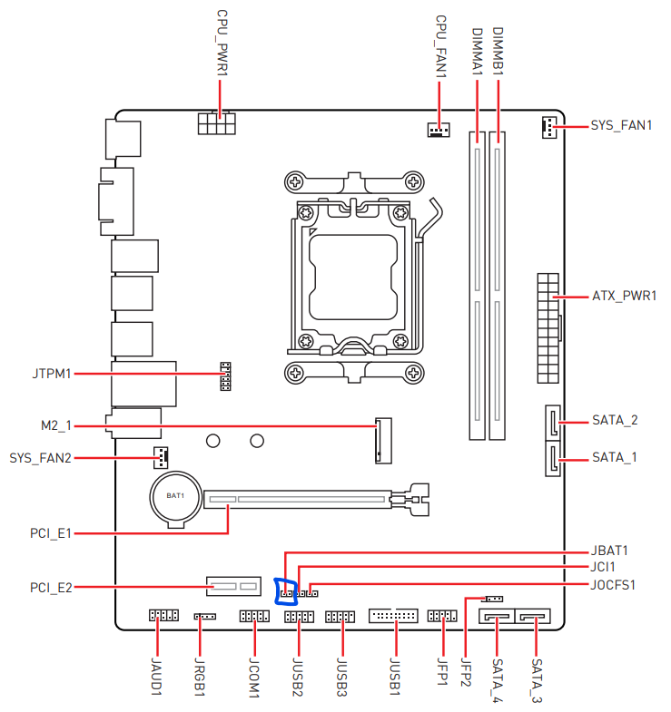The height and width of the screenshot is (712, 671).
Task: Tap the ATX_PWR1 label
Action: coord(624,296)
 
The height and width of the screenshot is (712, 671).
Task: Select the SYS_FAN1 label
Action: coord(621,125)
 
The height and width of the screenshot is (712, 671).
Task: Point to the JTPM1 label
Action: coord(52,373)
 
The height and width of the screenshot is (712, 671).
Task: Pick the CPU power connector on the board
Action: coord(215,122)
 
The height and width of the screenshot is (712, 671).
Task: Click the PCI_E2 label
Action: coord(50,588)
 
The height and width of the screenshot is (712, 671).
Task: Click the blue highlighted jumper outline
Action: coord(287,590)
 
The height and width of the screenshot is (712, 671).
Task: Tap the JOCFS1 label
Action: coord(613,585)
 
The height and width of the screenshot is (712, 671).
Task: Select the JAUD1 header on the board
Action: coord(163,617)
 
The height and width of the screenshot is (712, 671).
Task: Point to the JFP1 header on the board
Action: coord(442,617)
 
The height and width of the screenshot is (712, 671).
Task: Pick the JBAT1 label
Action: coord(609,551)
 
